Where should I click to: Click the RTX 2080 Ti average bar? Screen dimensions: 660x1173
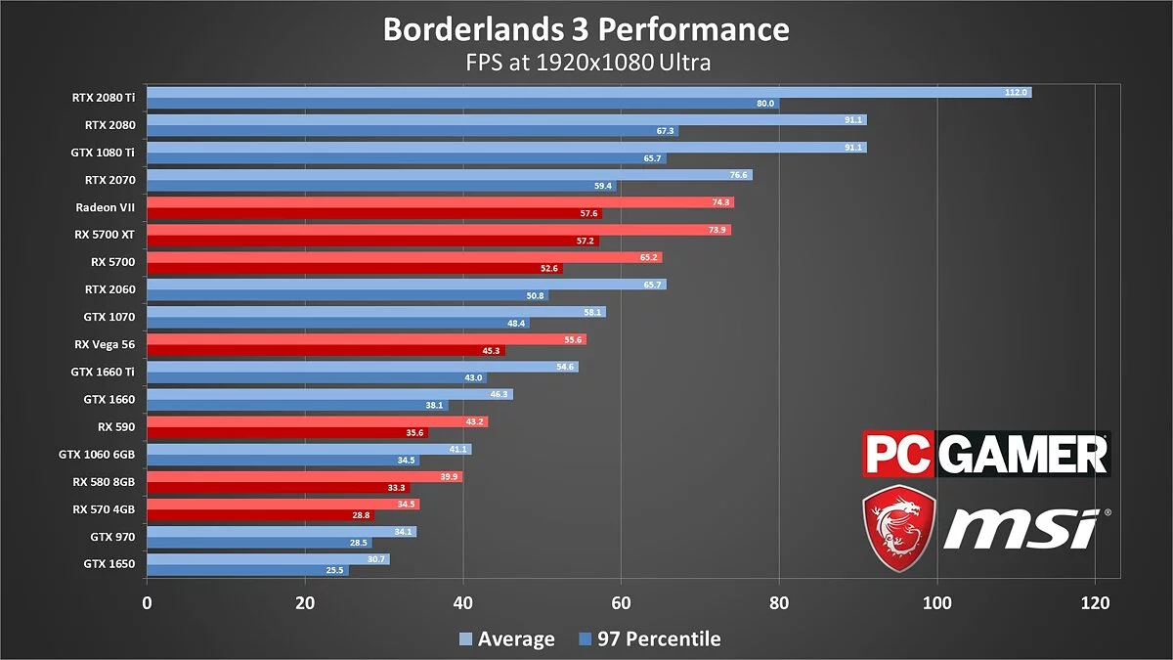tap(586, 92)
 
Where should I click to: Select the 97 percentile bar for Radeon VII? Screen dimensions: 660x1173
tap(371, 213)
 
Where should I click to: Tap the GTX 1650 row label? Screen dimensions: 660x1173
tap(109, 563)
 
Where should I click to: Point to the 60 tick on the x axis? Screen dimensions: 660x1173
tap(621, 602)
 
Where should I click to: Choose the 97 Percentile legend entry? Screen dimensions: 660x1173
tap(649, 639)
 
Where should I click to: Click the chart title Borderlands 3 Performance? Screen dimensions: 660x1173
tap(586, 29)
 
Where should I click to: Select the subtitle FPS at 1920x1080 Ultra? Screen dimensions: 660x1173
tap(586, 63)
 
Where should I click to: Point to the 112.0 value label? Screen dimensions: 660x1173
tap(1017, 92)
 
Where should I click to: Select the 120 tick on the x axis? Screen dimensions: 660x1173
tap(1095, 602)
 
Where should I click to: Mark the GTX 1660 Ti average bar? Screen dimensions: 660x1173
tap(362, 367)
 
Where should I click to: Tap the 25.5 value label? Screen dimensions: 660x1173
tap(335, 570)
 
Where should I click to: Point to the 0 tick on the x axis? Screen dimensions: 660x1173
tap(147, 602)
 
